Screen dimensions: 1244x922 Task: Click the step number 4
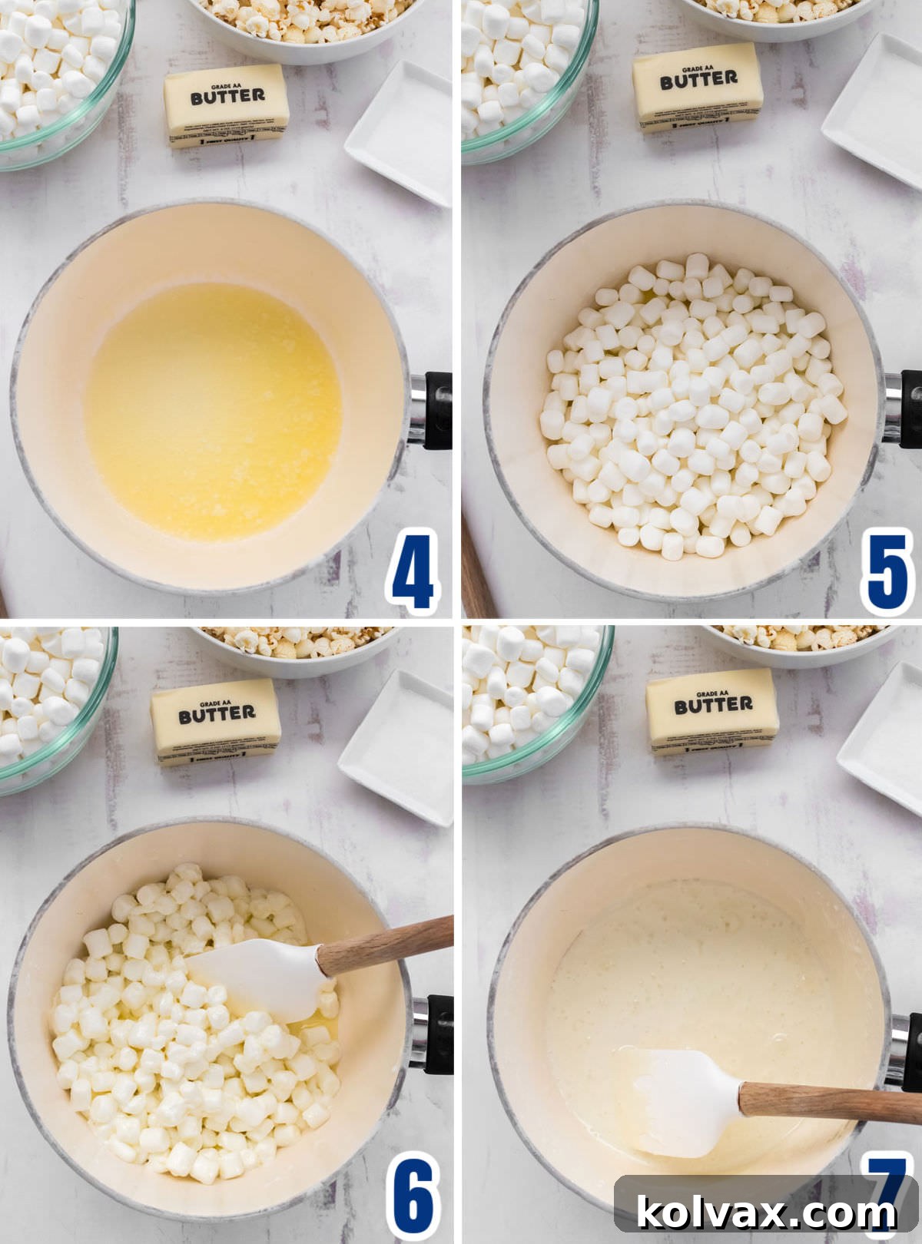[413, 572]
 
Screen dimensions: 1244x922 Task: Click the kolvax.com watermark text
[766, 1213]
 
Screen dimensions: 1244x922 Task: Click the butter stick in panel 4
[227, 105]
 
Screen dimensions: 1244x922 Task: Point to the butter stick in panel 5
[698, 87]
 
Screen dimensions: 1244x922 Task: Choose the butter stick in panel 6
[216, 722]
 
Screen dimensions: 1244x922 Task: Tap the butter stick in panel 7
[712, 711]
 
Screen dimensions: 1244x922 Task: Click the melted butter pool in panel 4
[213, 411]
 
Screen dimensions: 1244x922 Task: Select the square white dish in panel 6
[400, 745]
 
